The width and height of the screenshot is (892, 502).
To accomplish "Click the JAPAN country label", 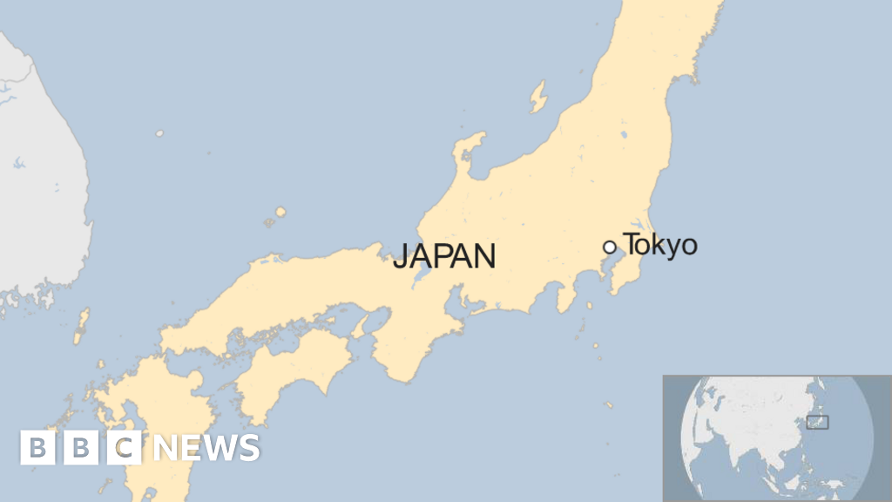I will (x=444, y=256).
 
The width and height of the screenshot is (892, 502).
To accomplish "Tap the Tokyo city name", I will (x=660, y=245).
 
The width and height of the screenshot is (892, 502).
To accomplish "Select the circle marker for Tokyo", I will (x=609, y=248).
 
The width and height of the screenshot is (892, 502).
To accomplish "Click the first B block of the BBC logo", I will (x=37, y=447).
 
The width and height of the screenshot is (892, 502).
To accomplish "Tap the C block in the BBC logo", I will (x=125, y=447).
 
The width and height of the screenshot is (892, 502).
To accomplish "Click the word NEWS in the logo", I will (x=206, y=447).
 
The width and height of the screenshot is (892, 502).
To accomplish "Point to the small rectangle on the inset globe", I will (x=817, y=423).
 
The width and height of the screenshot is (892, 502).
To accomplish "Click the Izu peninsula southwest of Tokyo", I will (x=567, y=295).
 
